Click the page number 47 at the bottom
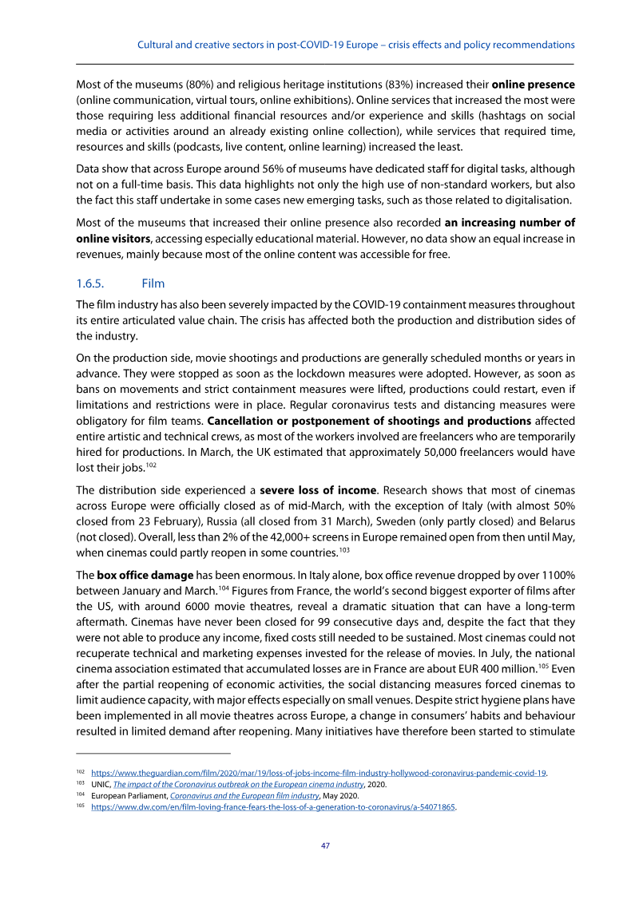[x=325, y=846]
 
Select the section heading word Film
[x=153, y=283]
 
